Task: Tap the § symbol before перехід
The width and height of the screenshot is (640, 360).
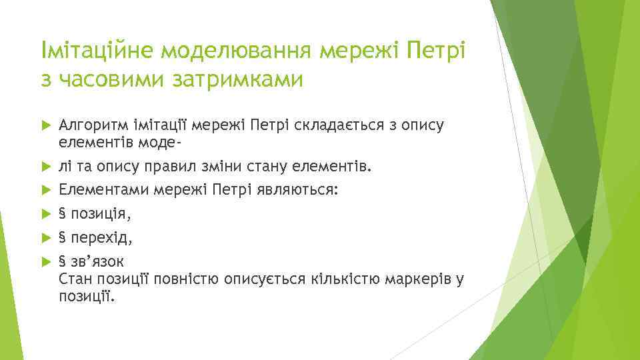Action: [x=62, y=237]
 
